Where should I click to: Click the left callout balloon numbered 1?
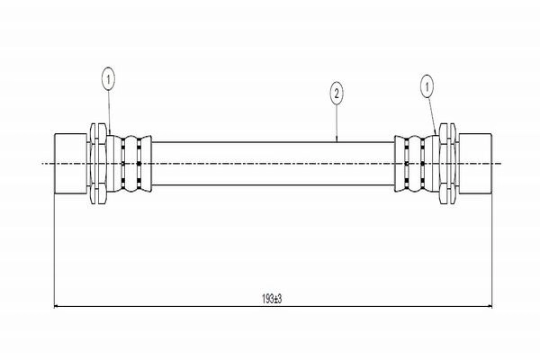coord(108,80)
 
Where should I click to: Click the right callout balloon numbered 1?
coord(427,86)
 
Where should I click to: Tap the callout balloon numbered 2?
coord(337,94)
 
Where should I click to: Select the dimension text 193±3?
coord(272,299)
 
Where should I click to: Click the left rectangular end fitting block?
coord(71,163)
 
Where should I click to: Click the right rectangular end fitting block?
coord(475,163)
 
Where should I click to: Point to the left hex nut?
coord(98,163)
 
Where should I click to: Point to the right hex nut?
coord(447,163)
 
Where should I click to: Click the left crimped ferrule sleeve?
coord(129,163)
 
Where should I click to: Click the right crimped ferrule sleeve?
coord(417,163)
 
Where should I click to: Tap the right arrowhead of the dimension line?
coord(489,306)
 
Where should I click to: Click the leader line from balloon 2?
coord(337,122)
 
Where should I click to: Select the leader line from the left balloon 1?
coord(109,112)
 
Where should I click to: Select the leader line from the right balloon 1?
coord(432,116)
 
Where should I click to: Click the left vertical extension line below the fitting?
coord(54,250)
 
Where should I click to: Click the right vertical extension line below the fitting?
coord(491,250)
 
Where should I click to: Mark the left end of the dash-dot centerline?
coord(41,163)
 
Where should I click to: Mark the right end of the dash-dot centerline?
coord(501,163)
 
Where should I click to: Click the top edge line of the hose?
coord(273,141)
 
